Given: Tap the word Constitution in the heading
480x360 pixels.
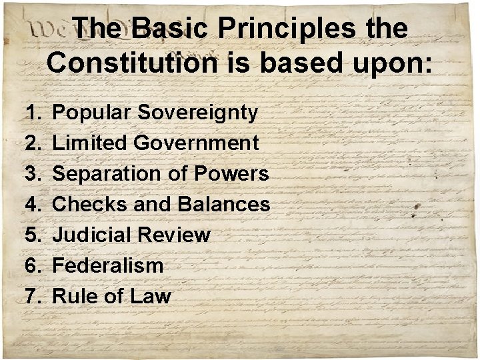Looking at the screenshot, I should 131,63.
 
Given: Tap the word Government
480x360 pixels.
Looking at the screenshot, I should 196,143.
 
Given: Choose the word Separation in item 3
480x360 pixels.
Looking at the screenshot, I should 105,173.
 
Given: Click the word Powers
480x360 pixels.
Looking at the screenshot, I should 231,173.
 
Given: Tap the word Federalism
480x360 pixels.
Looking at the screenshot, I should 107,265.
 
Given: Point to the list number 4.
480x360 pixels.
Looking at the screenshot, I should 33,204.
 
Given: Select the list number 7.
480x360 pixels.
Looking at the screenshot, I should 33,296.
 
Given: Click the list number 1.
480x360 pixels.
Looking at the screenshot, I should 33,113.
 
